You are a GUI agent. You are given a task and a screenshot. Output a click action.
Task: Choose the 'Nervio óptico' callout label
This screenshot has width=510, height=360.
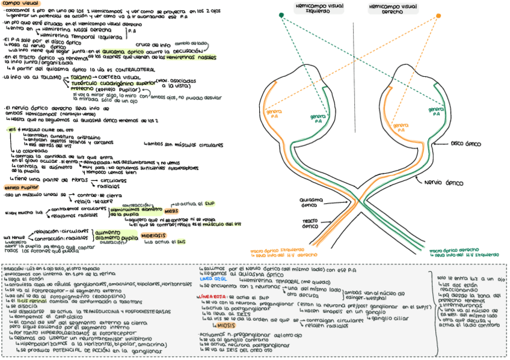click(x=443, y=182)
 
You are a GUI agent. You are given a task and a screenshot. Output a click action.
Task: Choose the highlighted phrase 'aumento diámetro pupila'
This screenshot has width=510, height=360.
click(x=115, y=234)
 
